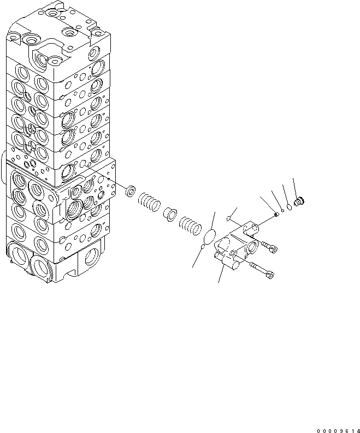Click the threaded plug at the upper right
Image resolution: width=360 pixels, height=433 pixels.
[298, 202]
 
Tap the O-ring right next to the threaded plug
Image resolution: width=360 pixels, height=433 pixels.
[289, 205]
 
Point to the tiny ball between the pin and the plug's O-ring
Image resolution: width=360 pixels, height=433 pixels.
[282, 210]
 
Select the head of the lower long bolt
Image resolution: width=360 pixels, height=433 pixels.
[269, 277]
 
